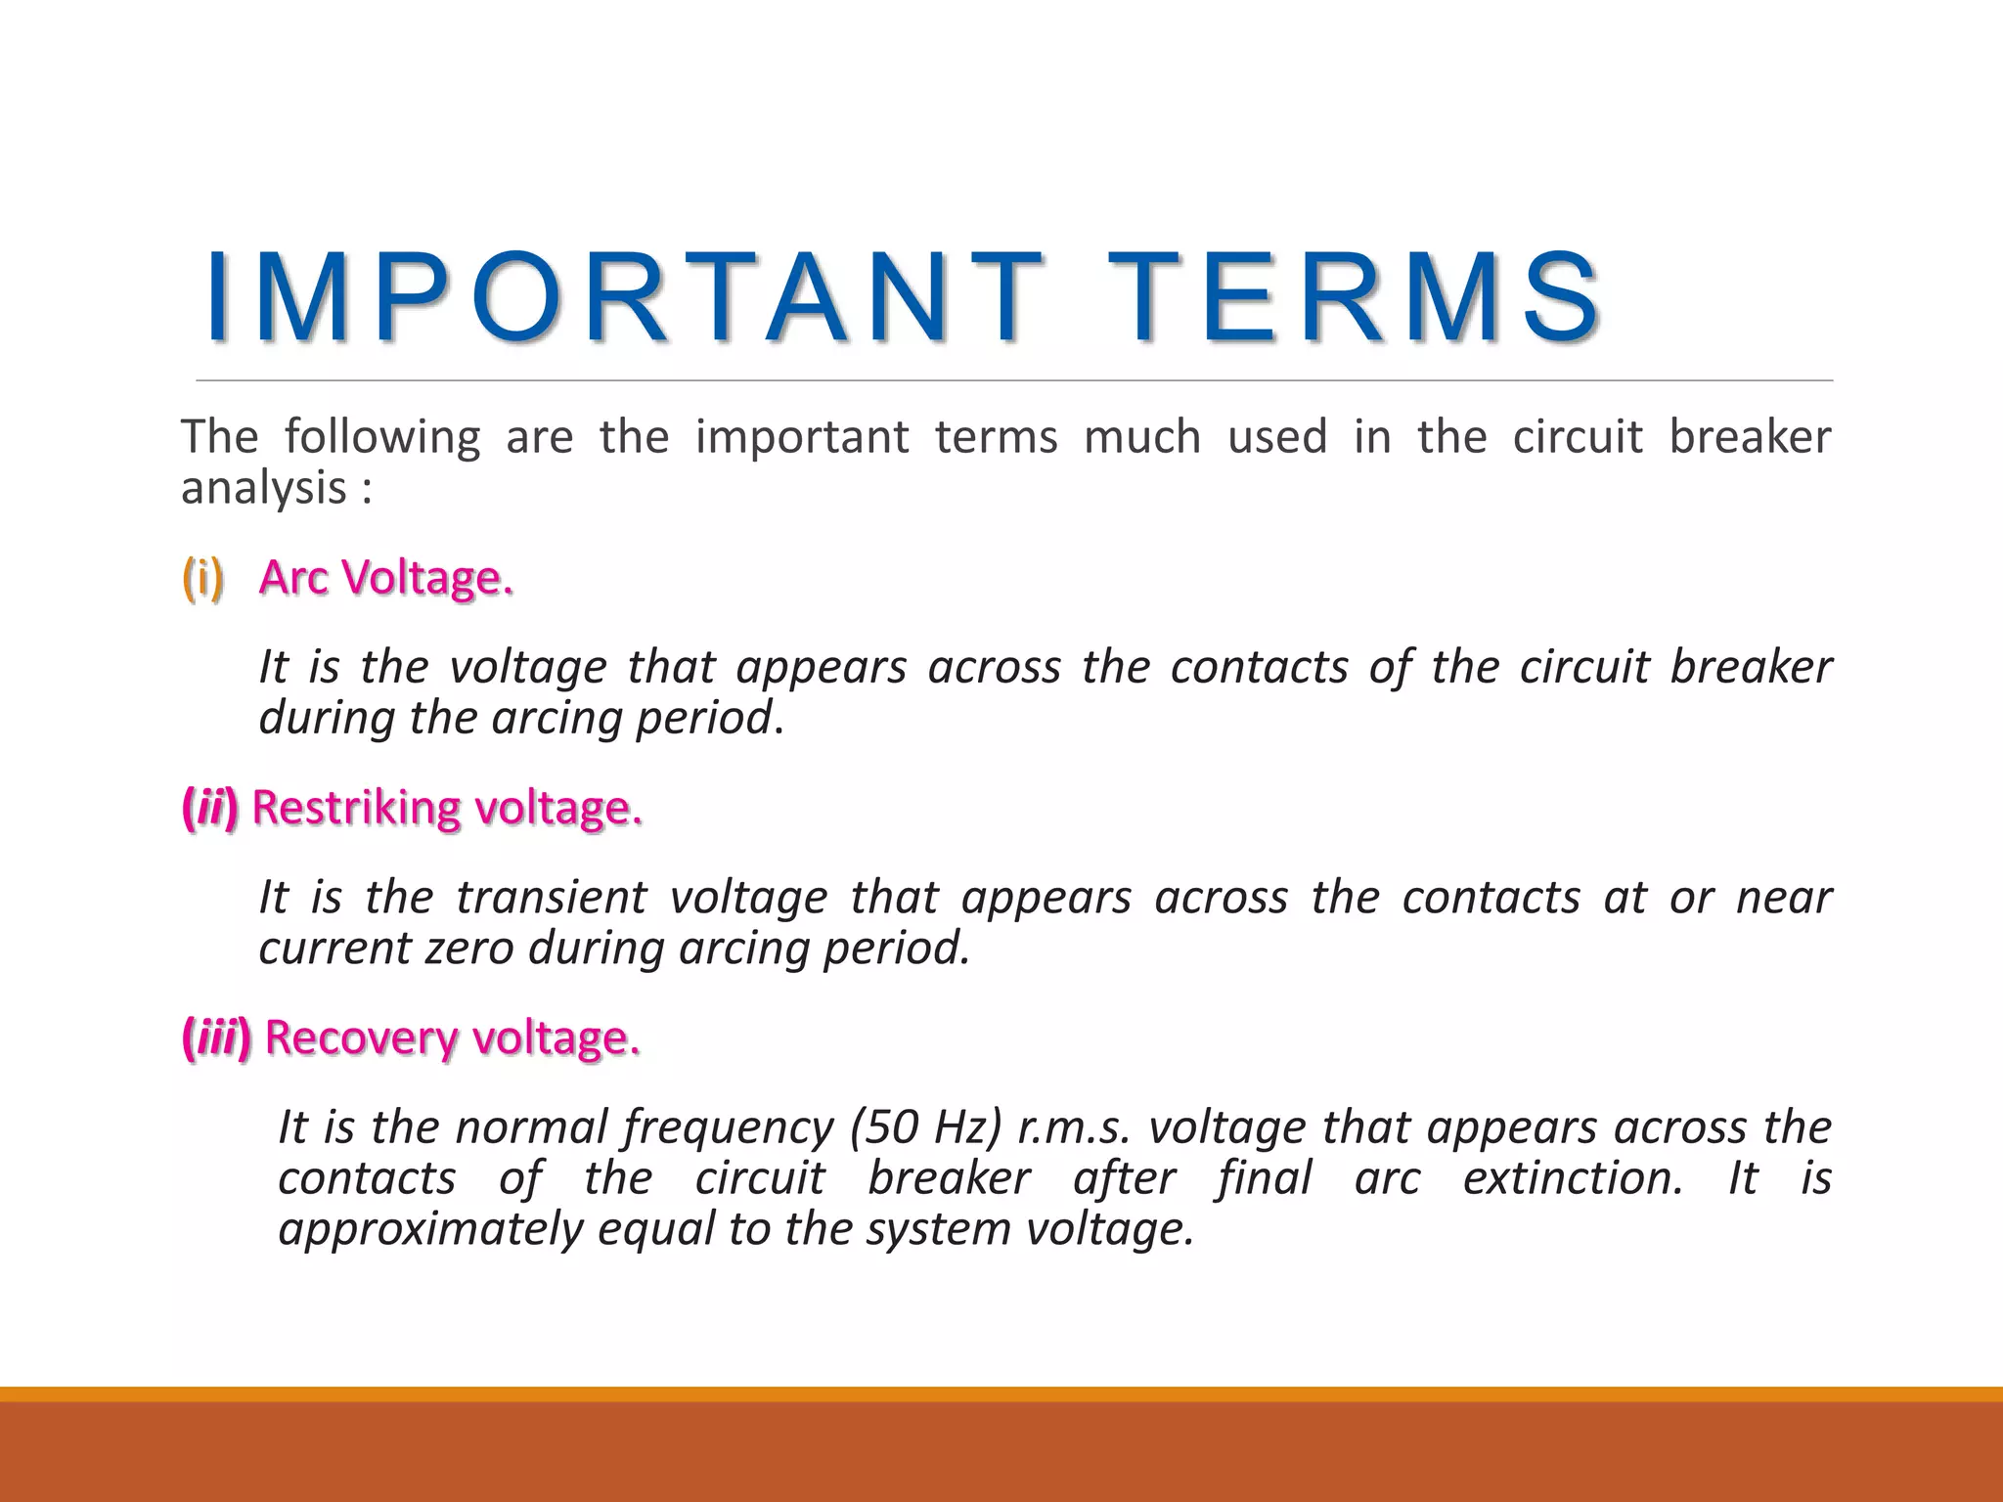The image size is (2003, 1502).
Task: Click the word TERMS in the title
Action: (1355, 298)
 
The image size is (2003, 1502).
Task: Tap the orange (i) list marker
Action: (203, 577)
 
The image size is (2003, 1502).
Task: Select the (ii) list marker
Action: (210, 808)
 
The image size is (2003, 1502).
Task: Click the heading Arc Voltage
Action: (386, 577)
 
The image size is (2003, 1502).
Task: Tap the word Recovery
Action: (360, 1038)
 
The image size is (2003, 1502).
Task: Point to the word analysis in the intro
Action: (263, 487)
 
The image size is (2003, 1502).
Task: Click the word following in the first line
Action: (382, 436)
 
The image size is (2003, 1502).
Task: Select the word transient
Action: (551, 897)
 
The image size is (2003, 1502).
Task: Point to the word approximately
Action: (430, 1229)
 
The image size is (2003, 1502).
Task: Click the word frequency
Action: (728, 1128)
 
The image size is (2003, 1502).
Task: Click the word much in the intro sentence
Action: (1142, 436)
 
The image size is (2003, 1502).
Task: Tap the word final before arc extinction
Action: (1264, 1177)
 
